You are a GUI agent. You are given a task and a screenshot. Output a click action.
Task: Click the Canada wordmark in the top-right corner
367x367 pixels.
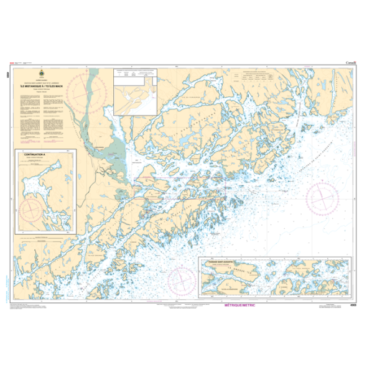pyautogui.click(x=350, y=63)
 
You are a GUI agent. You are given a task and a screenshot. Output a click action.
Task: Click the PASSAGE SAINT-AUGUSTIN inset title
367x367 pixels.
pyautogui.click(x=218, y=246)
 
